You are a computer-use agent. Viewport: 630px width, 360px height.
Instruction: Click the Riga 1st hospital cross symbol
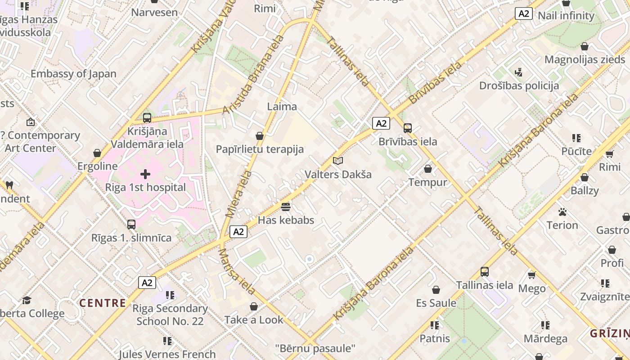(x=145, y=174)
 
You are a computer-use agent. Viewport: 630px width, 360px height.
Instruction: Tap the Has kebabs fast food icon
(x=286, y=207)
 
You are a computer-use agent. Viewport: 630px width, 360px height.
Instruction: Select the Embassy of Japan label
(x=73, y=74)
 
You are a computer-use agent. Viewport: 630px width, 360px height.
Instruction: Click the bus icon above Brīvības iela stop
(x=407, y=128)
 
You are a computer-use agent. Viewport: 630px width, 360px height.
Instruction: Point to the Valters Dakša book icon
(x=338, y=161)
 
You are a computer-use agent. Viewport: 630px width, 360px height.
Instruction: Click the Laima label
(x=282, y=107)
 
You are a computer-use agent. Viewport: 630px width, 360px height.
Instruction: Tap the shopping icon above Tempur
(x=428, y=169)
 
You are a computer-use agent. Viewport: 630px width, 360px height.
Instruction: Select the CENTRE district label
(x=103, y=303)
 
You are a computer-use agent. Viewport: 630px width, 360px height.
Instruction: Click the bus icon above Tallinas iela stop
(x=484, y=271)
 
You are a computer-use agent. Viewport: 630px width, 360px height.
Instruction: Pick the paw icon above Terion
(x=562, y=211)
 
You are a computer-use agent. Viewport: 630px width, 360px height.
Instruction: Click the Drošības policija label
(x=519, y=85)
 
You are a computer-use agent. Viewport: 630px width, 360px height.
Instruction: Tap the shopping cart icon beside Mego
(x=531, y=274)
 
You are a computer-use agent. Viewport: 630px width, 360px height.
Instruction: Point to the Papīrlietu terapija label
(x=260, y=149)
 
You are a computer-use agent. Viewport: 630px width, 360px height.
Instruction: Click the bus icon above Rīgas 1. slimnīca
(x=131, y=224)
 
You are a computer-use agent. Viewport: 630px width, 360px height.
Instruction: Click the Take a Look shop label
(x=254, y=320)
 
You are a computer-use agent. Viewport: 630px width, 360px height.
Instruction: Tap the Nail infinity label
(x=566, y=16)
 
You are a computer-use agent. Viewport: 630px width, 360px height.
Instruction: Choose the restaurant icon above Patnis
(x=434, y=325)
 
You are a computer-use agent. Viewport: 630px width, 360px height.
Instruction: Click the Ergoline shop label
(x=97, y=166)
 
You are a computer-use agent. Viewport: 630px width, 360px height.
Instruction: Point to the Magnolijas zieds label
(x=585, y=59)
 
